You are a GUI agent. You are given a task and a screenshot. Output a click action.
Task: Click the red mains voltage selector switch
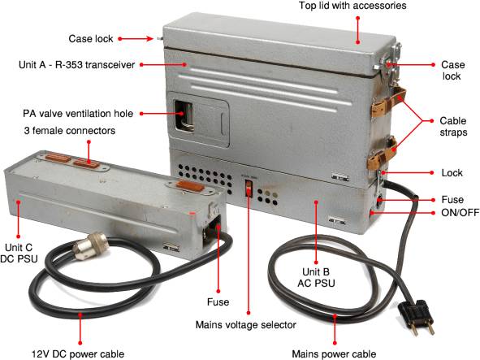coord(249,188)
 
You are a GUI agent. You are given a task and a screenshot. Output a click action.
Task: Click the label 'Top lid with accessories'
coord(352,6)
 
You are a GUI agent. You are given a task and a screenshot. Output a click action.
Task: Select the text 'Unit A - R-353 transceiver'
coord(77,65)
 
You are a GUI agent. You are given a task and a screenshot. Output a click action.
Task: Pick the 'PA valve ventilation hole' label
coord(78,113)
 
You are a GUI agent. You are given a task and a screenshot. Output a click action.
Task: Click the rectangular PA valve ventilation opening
coord(184,115)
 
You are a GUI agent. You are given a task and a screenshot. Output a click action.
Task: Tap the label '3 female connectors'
coord(70,131)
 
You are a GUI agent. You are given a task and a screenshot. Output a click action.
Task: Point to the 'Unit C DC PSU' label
coord(19,253)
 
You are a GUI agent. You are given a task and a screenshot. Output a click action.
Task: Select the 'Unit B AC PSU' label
coord(316,277)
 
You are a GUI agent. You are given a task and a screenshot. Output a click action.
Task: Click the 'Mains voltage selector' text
coord(246,325)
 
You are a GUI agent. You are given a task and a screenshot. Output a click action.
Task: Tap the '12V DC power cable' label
coord(78,353)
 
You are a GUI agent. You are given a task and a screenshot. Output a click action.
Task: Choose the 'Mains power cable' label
coord(334,353)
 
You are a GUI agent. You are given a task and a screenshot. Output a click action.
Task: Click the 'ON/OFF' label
coord(461,212)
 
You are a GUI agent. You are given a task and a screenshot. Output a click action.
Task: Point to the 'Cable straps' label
coord(453,126)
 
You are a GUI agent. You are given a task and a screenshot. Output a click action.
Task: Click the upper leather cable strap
coord(388,101)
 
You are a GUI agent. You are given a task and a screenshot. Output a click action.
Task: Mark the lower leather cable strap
coord(382,154)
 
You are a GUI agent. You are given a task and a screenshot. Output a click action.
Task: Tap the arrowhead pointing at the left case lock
coord(149,39)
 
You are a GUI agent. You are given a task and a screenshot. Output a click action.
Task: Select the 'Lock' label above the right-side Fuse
coord(452,173)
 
